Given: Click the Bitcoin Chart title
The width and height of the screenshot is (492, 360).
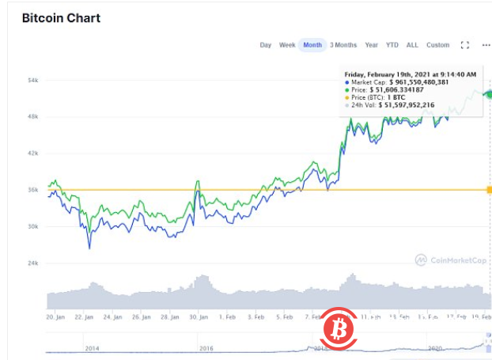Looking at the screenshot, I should coord(61,17).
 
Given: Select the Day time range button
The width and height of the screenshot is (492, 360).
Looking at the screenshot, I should coord(266,45).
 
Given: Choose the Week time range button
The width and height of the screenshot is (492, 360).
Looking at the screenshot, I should coord(287,45).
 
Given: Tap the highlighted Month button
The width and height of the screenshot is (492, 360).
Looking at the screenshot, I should coord(312,45).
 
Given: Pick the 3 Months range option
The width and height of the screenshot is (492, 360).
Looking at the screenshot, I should coord(343,45).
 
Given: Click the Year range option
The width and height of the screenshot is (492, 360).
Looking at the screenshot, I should coord(371,45).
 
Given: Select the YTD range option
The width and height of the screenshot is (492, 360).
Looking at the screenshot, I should coord(392,45).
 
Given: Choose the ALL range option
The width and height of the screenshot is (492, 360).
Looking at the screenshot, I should coord(412,45).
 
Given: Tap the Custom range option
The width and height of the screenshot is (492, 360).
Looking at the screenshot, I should coord(437,45).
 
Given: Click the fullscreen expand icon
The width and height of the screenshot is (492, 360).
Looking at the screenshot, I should coord(465,45).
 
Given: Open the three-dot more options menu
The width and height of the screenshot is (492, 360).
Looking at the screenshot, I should coord(486,45).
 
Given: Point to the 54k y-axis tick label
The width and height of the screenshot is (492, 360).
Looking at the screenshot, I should coord(33,81).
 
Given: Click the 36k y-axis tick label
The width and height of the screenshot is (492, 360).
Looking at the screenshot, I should coord(33,190).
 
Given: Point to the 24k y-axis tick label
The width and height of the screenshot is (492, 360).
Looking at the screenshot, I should coord(33,263).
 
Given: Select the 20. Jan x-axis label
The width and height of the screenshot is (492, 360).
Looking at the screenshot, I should coord(55,316).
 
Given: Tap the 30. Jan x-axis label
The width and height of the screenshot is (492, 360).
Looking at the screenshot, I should coord(198,316).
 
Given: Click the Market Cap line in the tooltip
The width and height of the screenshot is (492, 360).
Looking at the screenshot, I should coord(399,81).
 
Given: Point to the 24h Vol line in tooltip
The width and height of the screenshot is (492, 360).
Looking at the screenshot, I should coord(399,104).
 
